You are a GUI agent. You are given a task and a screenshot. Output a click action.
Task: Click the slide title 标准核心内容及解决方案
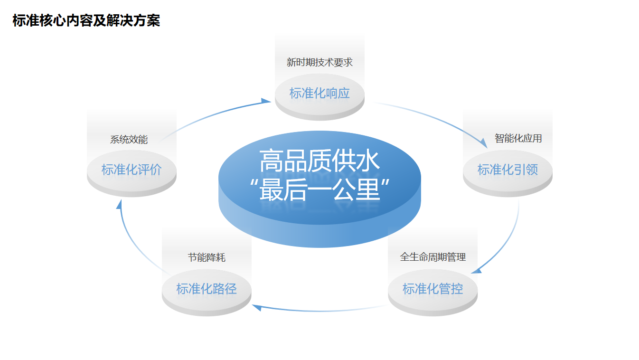[86, 21]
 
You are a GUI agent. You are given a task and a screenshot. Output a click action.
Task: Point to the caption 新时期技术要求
[319, 62]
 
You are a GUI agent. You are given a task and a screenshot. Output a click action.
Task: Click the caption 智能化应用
[518, 138]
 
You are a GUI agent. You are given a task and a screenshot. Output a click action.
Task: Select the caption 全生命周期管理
[432, 257]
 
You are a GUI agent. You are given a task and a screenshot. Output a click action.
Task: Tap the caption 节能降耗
[207, 257]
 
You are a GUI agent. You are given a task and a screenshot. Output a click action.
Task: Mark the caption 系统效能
[129, 140]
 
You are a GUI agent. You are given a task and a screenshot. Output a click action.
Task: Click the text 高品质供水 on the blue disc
[319, 161]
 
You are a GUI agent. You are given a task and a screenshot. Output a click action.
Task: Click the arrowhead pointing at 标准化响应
[266, 101]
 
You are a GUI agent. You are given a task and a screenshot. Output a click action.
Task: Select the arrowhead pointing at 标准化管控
[477, 270]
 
